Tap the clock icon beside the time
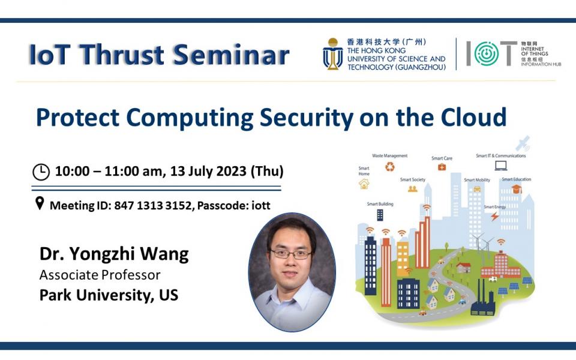(41, 172)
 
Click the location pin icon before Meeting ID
(40, 203)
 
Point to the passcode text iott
(261, 205)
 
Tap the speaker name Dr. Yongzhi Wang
(114, 254)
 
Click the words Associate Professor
(100, 275)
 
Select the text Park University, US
(109, 295)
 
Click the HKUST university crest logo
(333, 54)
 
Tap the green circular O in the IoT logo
(487, 53)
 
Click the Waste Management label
(390, 156)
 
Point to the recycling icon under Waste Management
(390, 167)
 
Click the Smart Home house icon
(364, 184)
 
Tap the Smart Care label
(442, 158)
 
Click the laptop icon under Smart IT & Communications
(501, 166)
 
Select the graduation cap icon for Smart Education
(517, 189)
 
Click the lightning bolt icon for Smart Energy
(495, 217)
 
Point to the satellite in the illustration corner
(523, 143)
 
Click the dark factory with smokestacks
(483, 299)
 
